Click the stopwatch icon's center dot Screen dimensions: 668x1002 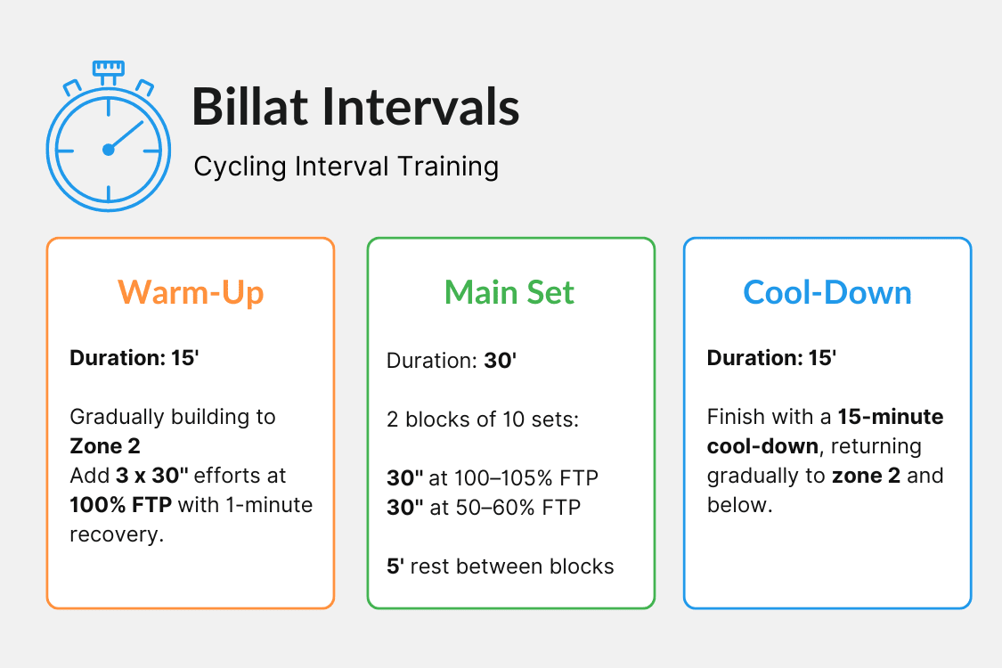coord(109,150)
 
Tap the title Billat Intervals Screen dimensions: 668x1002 coord(355,107)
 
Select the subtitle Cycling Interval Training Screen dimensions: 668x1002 coord(346,167)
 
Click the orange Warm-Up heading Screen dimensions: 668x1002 coord(191,292)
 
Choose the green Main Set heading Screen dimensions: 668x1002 coord(510,292)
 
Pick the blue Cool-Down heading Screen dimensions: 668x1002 coord(827,292)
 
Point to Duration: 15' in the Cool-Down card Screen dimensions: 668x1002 coord(771,358)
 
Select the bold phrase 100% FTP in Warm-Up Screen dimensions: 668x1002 coord(121,506)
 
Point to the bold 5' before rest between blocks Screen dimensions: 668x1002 coord(395,566)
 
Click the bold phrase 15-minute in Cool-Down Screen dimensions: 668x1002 coord(891,417)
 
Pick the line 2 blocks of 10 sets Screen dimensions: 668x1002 coord(483,420)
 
